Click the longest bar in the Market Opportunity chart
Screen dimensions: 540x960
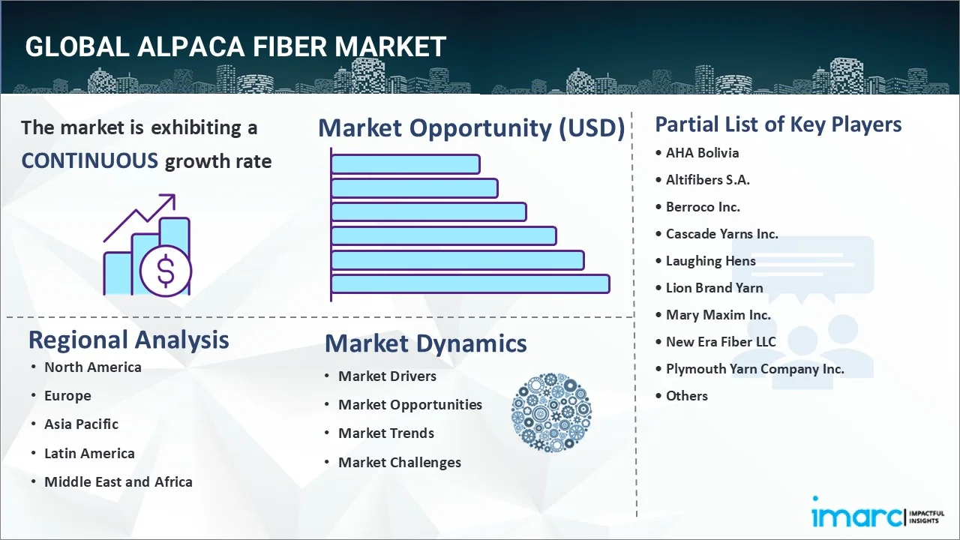470,283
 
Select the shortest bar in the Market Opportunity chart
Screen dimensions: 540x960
405,163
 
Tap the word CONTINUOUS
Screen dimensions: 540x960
89,160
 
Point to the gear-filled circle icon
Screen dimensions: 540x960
551,412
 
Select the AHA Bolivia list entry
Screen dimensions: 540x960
702,153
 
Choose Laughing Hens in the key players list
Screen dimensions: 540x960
710,261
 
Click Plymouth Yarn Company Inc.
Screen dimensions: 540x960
754,369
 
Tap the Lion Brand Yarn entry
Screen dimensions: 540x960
714,288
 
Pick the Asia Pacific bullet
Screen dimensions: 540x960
81,424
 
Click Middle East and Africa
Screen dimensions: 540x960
118,482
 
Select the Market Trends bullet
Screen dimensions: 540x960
385,433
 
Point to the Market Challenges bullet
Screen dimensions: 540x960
399,463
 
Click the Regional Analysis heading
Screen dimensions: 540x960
128,340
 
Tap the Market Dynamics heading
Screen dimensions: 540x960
425,343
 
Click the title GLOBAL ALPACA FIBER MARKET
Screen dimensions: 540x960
235,47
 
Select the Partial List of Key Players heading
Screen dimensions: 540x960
778,124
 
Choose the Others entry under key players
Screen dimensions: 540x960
686,396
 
